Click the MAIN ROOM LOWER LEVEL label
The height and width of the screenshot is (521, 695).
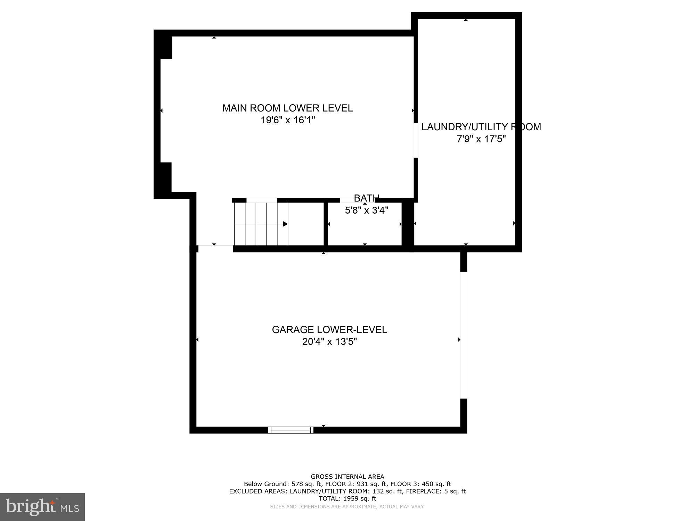[287, 108]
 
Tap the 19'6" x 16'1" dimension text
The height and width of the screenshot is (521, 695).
[288, 120]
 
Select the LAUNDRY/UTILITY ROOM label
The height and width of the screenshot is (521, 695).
[481, 127]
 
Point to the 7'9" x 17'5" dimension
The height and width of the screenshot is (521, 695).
[481, 139]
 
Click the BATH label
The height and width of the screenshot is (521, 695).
[366, 198]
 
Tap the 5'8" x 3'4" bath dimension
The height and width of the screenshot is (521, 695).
[366, 210]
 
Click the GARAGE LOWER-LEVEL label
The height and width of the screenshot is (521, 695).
[329, 330]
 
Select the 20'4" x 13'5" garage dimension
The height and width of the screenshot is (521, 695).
[329, 342]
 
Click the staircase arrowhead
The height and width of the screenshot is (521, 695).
[285, 224]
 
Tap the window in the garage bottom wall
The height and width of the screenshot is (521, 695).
[291, 430]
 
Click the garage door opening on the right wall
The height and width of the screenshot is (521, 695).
[464, 335]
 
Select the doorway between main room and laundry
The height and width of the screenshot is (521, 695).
[416, 140]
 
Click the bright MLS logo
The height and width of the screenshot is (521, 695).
[42, 507]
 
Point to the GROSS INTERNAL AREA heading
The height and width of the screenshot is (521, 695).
[347, 477]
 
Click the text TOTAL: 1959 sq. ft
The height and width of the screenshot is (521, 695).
[347, 498]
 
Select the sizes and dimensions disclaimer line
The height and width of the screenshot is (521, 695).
[347, 506]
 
